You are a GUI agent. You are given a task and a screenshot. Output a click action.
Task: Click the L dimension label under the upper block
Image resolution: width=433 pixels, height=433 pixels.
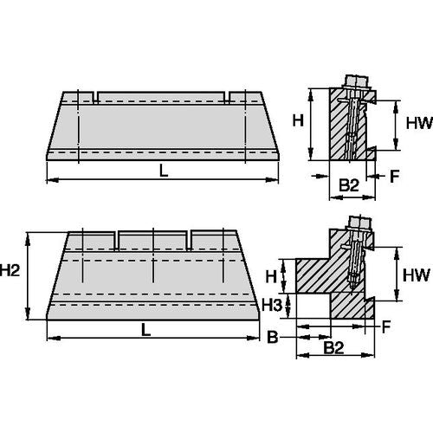(164, 171)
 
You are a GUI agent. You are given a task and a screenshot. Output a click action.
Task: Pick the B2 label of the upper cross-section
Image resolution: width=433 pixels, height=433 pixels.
(347, 184)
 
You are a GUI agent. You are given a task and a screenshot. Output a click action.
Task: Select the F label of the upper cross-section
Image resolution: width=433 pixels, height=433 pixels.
(395, 175)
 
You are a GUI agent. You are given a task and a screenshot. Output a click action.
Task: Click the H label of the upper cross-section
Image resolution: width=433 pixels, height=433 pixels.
(296, 121)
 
